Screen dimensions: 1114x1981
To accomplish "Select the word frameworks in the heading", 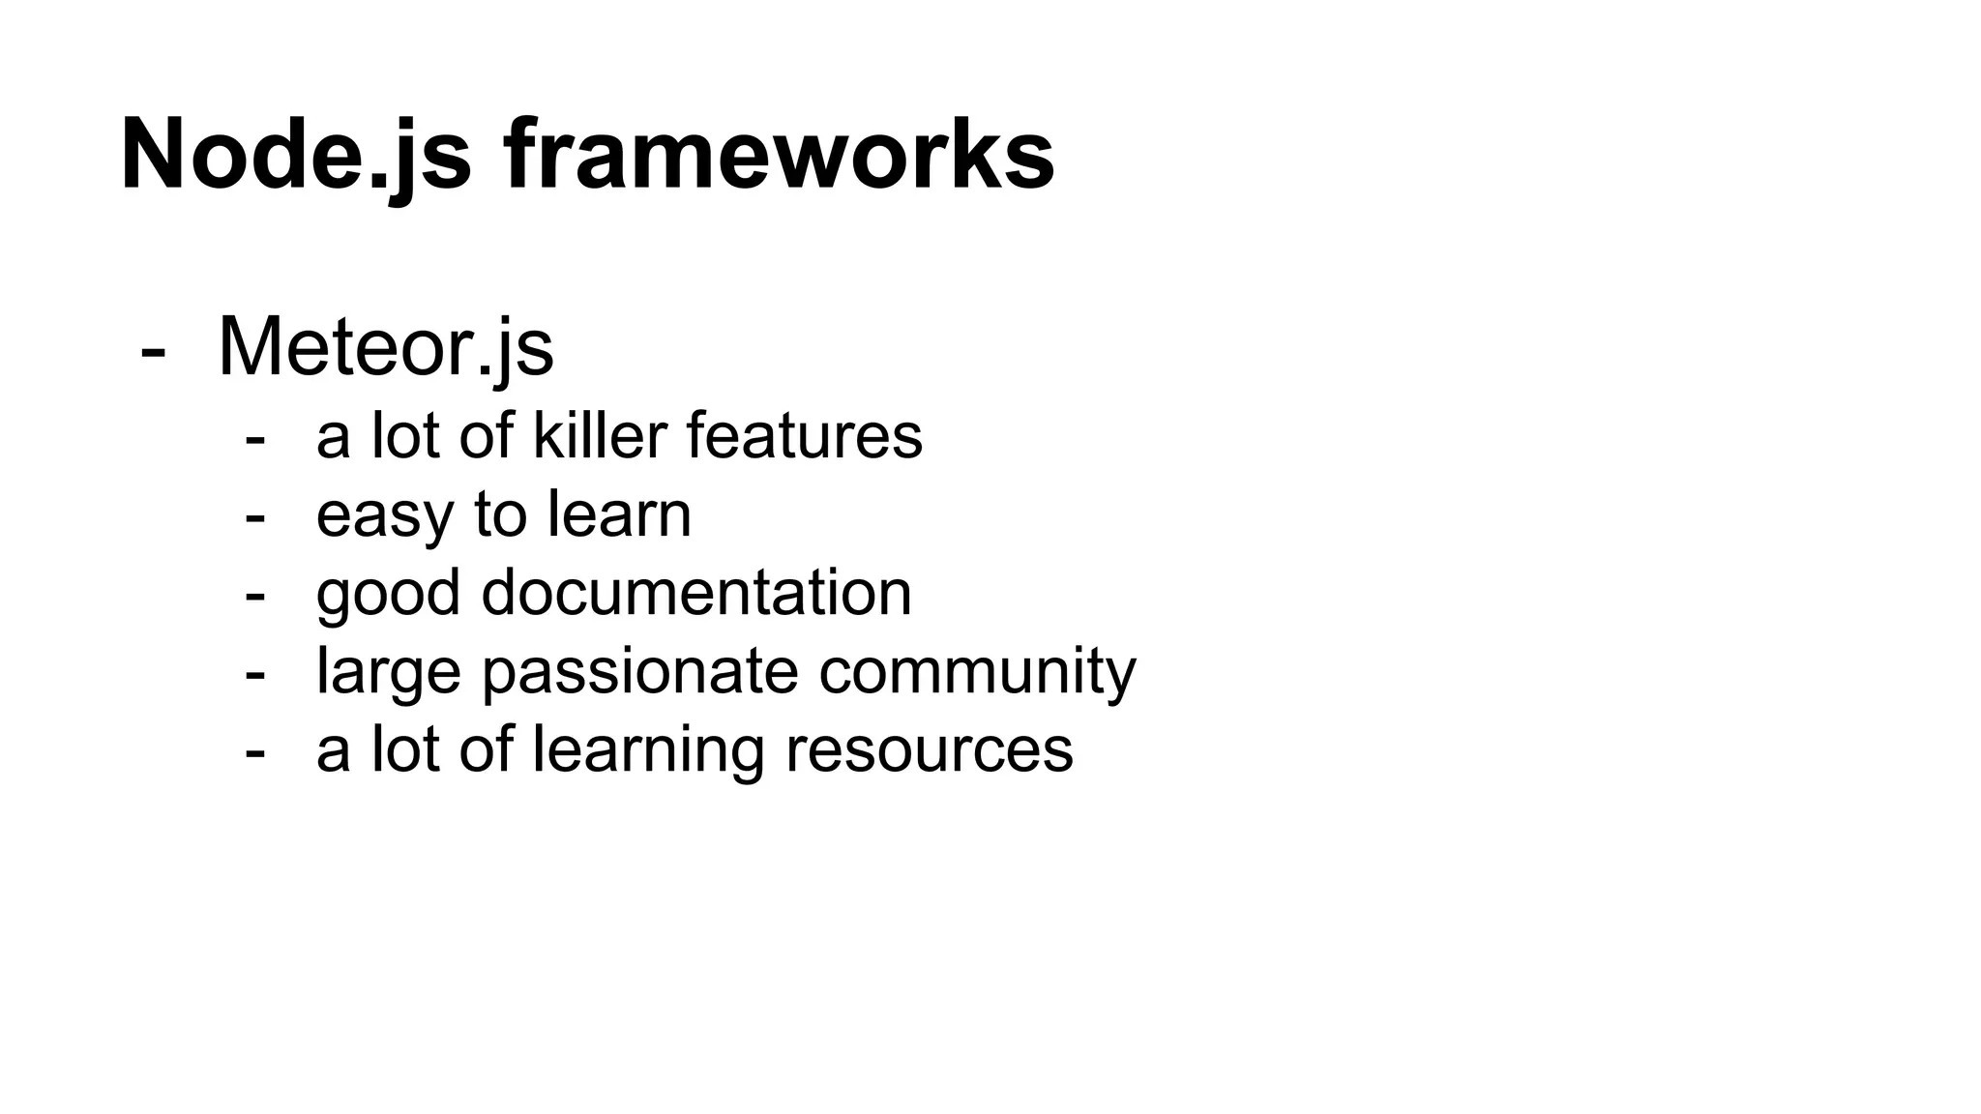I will click(780, 155).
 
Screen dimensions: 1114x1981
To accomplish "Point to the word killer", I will click(600, 436).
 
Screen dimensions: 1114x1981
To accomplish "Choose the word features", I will click(805, 436).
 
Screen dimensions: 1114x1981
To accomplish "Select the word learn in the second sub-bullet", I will click(619, 514).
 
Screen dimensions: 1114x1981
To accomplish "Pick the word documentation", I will click(696, 593).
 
